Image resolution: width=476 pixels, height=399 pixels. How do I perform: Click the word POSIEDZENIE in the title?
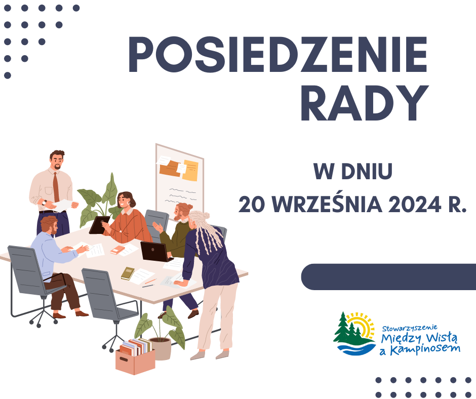(278, 55)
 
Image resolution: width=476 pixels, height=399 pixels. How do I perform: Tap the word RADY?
(365, 103)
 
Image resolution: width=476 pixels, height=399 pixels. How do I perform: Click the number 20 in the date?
(252, 205)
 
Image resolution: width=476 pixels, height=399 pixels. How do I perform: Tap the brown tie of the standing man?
(56, 187)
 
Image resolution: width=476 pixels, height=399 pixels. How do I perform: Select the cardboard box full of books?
(135, 356)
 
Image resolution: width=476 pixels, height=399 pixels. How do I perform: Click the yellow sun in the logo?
(363, 326)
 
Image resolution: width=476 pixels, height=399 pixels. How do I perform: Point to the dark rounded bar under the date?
(388, 276)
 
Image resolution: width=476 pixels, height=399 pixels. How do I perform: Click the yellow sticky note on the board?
(190, 170)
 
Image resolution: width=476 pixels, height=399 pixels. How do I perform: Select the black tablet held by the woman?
(99, 225)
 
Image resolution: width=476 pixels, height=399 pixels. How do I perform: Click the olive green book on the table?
(128, 273)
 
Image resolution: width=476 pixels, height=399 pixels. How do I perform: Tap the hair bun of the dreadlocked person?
(206, 216)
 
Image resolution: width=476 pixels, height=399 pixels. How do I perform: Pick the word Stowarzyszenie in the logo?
(410, 328)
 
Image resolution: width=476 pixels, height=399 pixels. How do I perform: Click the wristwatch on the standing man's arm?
(45, 203)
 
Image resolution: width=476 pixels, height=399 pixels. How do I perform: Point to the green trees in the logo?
(348, 328)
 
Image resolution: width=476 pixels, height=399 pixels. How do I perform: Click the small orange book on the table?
(117, 250)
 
